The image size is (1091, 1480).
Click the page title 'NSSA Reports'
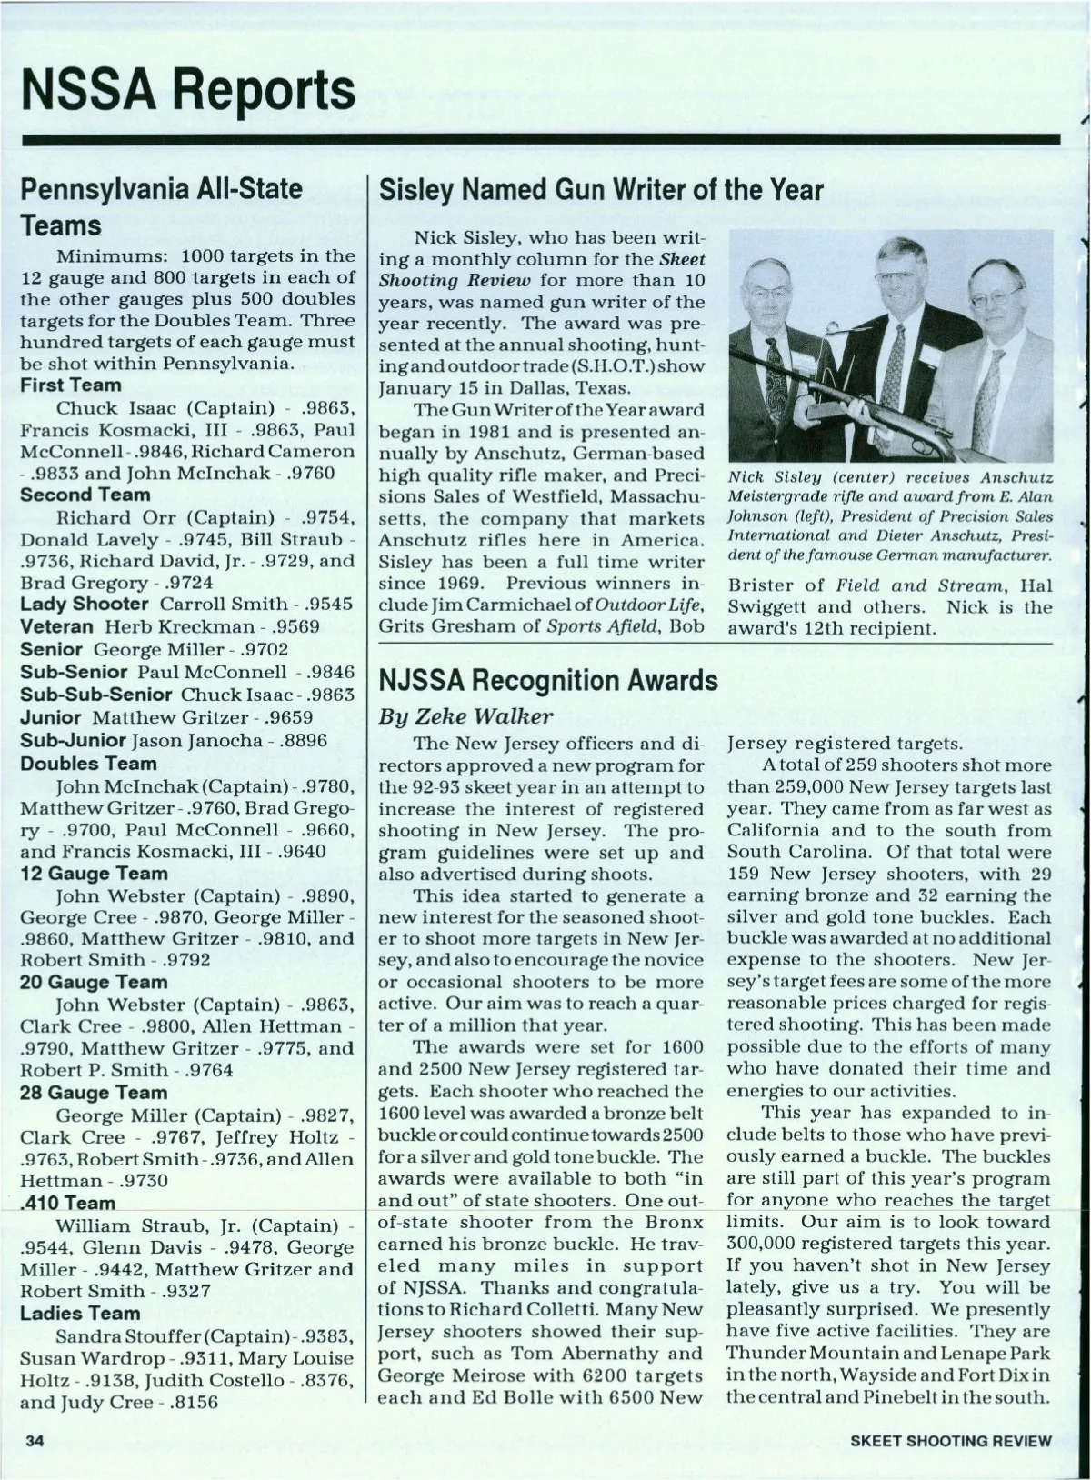[188, 89]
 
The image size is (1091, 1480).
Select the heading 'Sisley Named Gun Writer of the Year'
[600, 190]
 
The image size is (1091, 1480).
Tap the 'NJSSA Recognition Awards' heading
[547, 680]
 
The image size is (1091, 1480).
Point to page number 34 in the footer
[35, 1440]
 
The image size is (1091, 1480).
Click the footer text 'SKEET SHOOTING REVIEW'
[951, 1440]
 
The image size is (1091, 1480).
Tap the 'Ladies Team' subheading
[80, 1313]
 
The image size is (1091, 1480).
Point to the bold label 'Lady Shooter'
[84, 604]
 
